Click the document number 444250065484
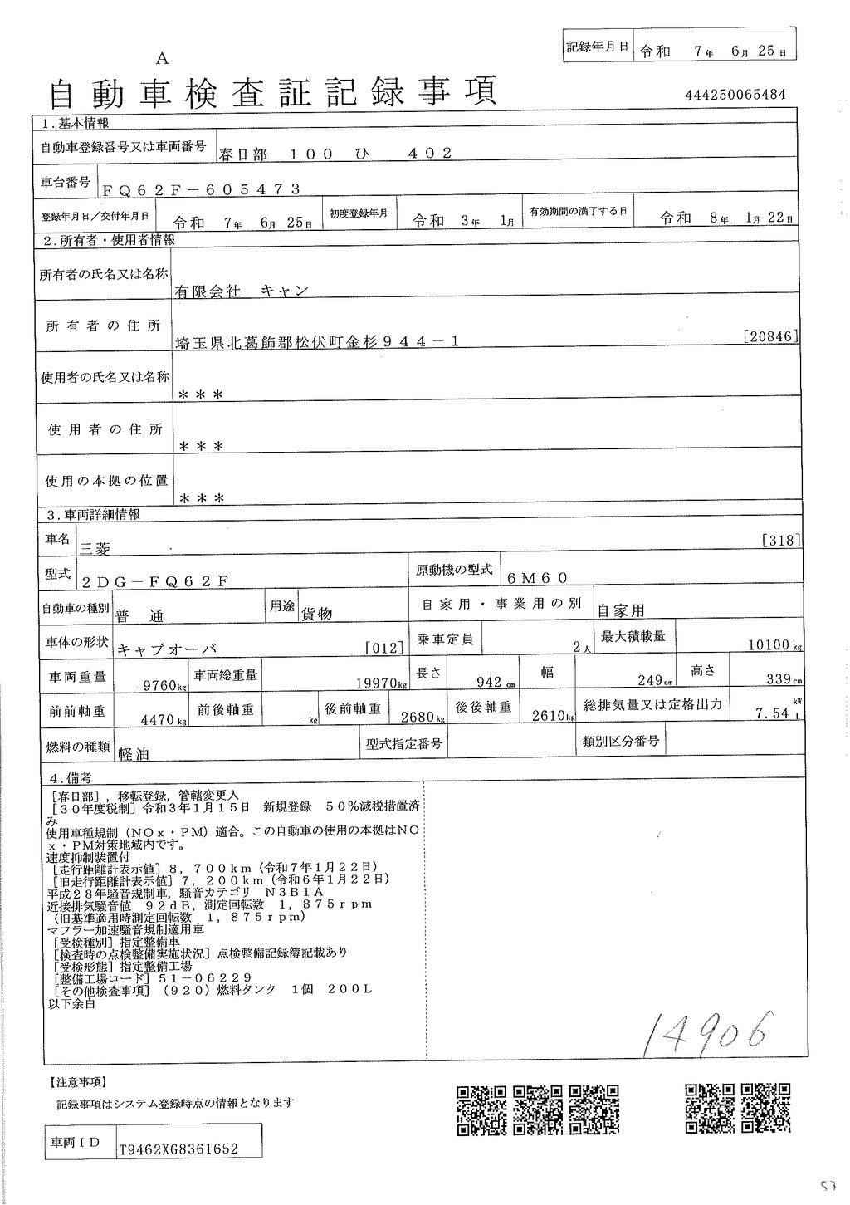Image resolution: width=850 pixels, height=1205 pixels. tap(735, 96)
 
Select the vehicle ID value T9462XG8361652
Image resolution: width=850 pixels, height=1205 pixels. tap(178, 1149)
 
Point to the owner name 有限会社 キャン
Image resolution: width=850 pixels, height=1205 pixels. tap(241, 291)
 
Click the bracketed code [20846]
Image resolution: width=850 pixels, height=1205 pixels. tap(772, 336)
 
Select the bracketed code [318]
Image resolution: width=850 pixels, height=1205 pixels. tap(780, 541)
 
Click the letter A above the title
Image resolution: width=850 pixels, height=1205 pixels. tap(162, 58)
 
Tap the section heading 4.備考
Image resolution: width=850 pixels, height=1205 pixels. tap(71, 778)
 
